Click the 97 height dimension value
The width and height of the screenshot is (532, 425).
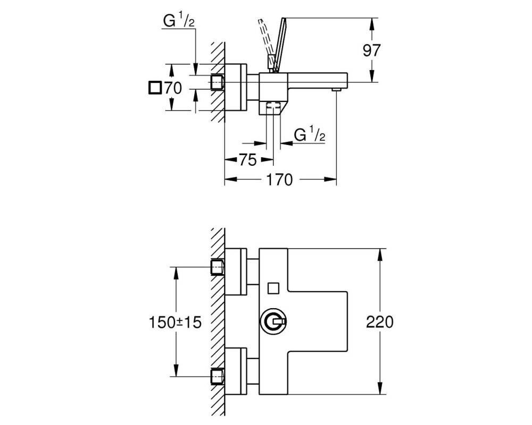point(371,50)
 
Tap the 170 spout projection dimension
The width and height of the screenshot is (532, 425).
point(279,180)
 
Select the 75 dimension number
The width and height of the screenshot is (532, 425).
point(248,160)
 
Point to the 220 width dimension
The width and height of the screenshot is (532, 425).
point(380,322)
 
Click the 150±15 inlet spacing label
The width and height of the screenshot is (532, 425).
point(175,322)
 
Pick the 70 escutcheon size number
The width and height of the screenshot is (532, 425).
point(173,89)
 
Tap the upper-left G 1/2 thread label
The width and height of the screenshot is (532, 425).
point(179,21)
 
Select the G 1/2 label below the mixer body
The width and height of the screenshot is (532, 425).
point(309,135)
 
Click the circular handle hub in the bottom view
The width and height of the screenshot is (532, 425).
point(273,321)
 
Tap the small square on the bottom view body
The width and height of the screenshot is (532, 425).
point(273,288)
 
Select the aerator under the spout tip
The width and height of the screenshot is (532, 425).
point(336,89)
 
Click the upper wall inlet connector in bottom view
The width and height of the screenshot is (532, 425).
point(218,267)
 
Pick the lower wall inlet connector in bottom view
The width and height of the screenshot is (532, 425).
point(218,376)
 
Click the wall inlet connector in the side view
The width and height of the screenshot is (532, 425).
point(218,82)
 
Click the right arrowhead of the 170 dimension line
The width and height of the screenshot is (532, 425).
point(330,179)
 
